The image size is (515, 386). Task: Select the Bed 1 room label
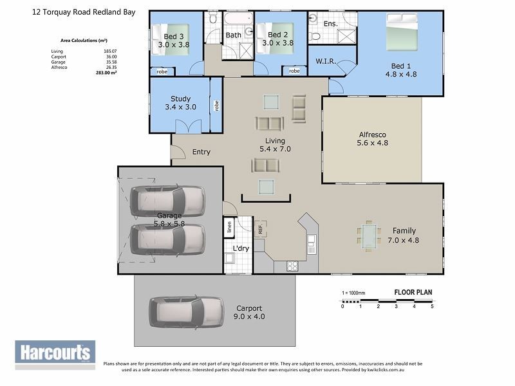[x=401, y=69]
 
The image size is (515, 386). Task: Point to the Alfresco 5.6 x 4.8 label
[x=373, y=138]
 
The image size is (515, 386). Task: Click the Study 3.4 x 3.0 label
[x=180, y=103]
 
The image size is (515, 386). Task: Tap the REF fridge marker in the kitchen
[x=261, y=228]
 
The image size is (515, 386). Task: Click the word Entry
[x=201, y=152]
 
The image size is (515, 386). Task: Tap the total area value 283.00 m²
[x=106, y=73]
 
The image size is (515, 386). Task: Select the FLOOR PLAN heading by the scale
[x=413, y=292]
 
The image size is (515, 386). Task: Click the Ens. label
[x=330, y=24]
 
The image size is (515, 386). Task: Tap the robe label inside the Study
[x=216, y=105]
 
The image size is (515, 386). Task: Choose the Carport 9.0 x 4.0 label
[x=250, y=312]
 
